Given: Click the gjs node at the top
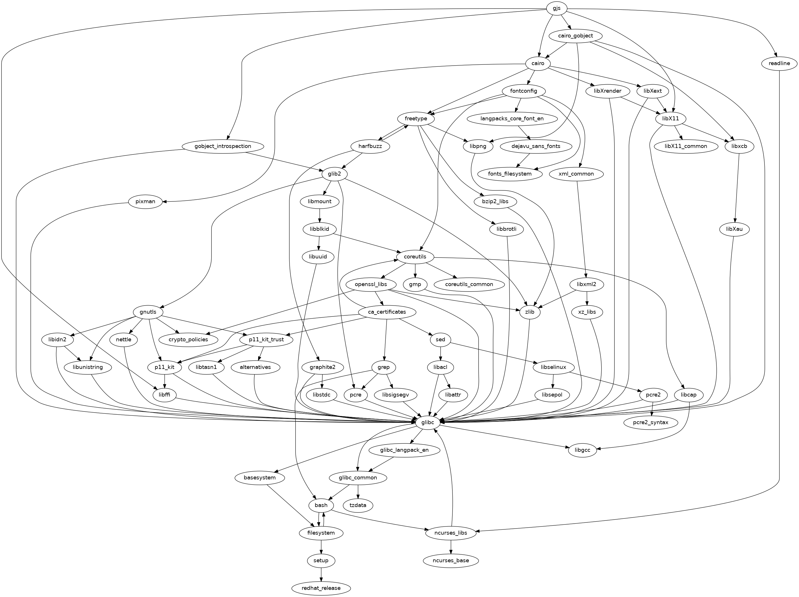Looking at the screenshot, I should [x=556, y=8].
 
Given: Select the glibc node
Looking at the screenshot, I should [x=427, y=422].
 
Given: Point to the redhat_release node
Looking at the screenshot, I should [x=321, y=588].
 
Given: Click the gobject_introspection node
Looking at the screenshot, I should [x=222, y=146].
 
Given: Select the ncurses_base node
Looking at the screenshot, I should [x=450, y=560].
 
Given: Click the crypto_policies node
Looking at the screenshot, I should [x=188, y=339].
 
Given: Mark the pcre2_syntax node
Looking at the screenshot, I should [x=650, y=422].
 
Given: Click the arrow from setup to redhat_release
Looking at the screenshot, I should [x=321, y=574].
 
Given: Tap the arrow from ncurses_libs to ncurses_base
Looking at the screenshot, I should [x=450, y=547].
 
